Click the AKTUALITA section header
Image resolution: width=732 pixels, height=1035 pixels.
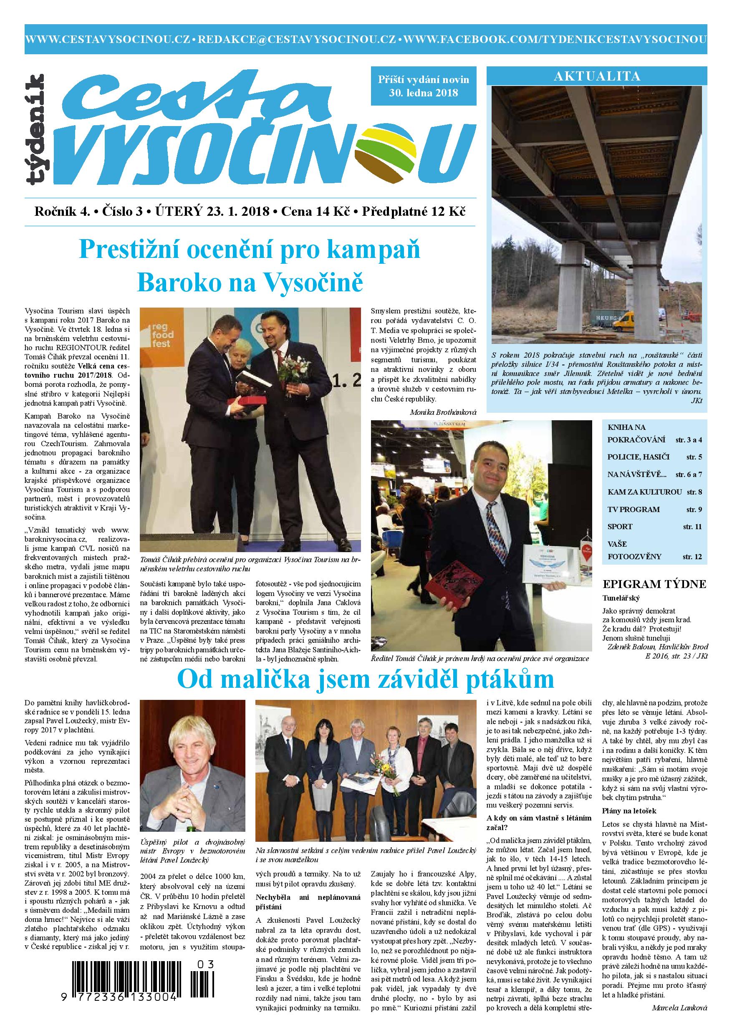pyautogui.click(x=597, y=76)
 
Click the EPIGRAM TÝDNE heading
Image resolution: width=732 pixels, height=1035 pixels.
pyautogui.click(x=654, y=585)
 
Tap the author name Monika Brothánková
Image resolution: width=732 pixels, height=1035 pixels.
pyautogui.click(x=443, y=412)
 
